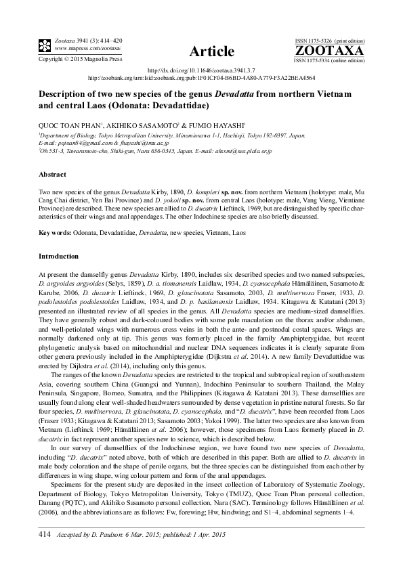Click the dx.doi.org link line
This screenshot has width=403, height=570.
point(201,70)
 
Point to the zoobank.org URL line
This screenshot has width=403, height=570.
point(201,77)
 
